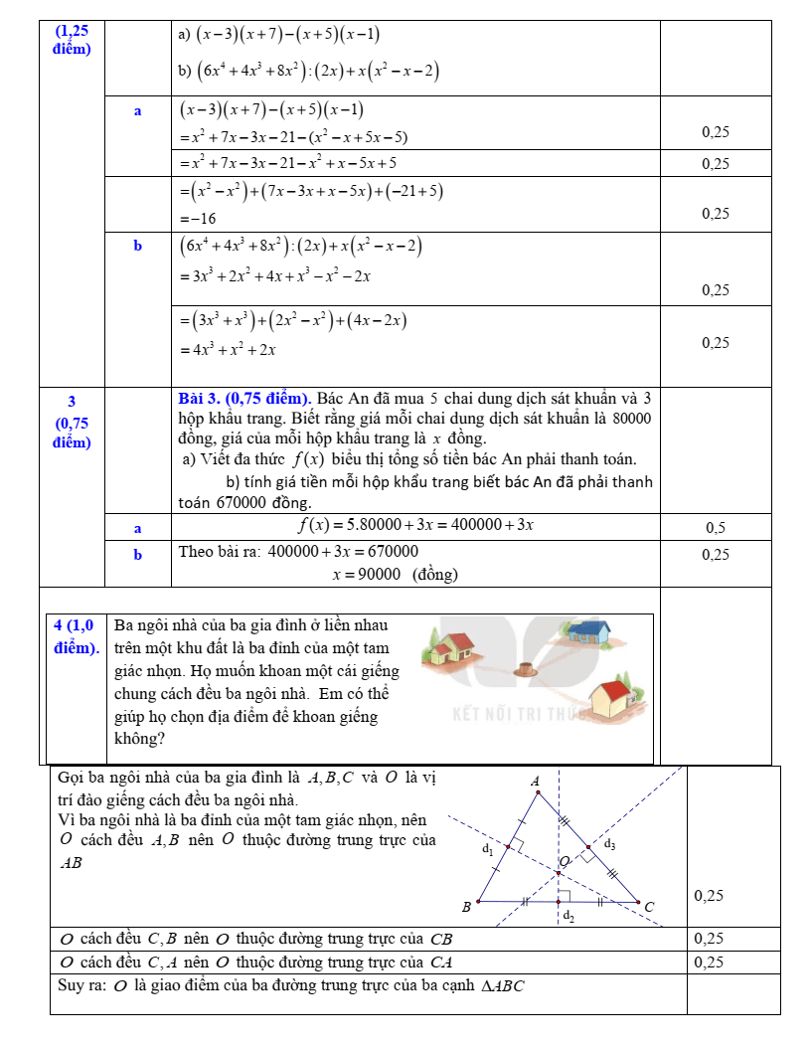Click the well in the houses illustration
tap(526, 669)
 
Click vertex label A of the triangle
tap(536, 782)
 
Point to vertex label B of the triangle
tap(465, 907)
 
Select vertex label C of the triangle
tap(650, 907)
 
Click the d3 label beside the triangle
tap(610, 844)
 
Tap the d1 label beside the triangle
tap(486, 849)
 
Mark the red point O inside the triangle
tap(559, 874)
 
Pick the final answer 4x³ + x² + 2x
tap(228, 349)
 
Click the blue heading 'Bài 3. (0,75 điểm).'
tap(245, 400)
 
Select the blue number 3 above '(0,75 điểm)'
tap(72, 402)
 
